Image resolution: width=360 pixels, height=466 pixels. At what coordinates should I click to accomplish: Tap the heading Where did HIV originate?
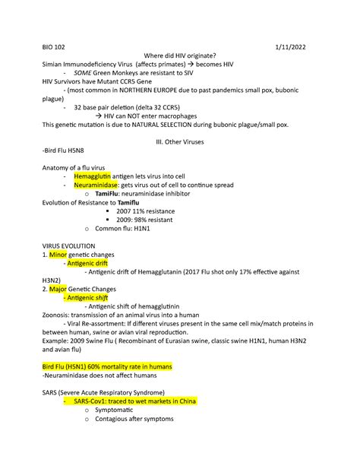point(180,55)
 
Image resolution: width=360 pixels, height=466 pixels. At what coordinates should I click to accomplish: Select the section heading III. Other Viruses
point(180,142)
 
